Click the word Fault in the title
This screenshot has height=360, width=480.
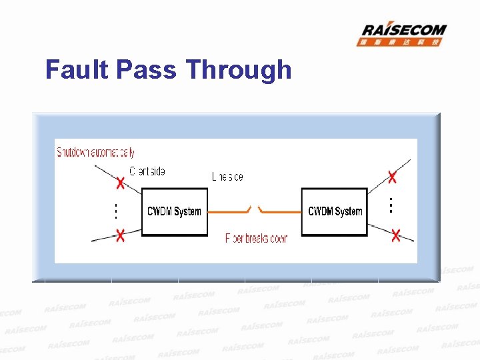(x=77, y=70)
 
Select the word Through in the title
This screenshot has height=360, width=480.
(x=239, y=70)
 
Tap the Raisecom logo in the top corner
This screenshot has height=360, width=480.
(x=404, y=31)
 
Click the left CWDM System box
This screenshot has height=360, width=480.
(x=175, y=211)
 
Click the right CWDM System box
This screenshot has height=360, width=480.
(x=335, y=211)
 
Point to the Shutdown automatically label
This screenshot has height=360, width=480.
(x=95, y=152)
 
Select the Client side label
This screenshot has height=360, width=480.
(x=147, y=171)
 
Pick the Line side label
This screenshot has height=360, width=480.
(x=227, y=177)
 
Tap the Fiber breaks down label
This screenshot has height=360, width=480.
(x=256, y=238)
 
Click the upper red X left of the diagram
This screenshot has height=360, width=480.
(x=120, y=183)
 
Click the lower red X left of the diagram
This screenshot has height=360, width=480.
(x=120, y=235)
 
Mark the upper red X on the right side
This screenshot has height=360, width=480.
(x=393, y=177)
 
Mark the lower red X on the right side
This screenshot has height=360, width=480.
(x=396, y=235)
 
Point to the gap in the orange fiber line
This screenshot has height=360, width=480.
(x=255, y=211)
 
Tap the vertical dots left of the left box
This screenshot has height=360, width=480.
(x=115, y=211)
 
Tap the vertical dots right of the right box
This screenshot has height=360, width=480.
(x=391, y=203)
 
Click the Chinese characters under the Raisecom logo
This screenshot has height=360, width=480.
(x=400, y=42)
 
